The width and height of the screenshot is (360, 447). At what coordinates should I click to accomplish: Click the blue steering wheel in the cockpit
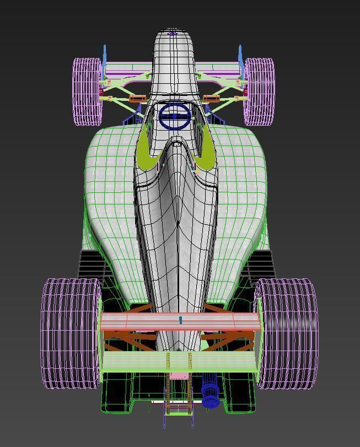click(175, 116)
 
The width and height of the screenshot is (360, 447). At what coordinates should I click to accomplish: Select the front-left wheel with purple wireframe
click(88, 91)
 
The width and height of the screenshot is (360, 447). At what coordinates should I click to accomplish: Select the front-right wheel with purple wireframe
click(260, 91)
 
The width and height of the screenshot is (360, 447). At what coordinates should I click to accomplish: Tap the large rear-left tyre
click(70, 333)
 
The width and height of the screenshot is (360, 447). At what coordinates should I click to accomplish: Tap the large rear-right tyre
click(287, 333)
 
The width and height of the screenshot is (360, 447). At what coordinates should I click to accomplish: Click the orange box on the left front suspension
click(137, 99)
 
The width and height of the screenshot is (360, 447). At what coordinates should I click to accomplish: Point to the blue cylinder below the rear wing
click(210, 393)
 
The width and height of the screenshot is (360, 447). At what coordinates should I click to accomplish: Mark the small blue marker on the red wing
click(180, 320)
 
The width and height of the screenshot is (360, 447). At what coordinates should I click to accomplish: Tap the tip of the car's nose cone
click(173, 34)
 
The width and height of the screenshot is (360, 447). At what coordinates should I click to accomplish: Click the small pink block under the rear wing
click(178, 376)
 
